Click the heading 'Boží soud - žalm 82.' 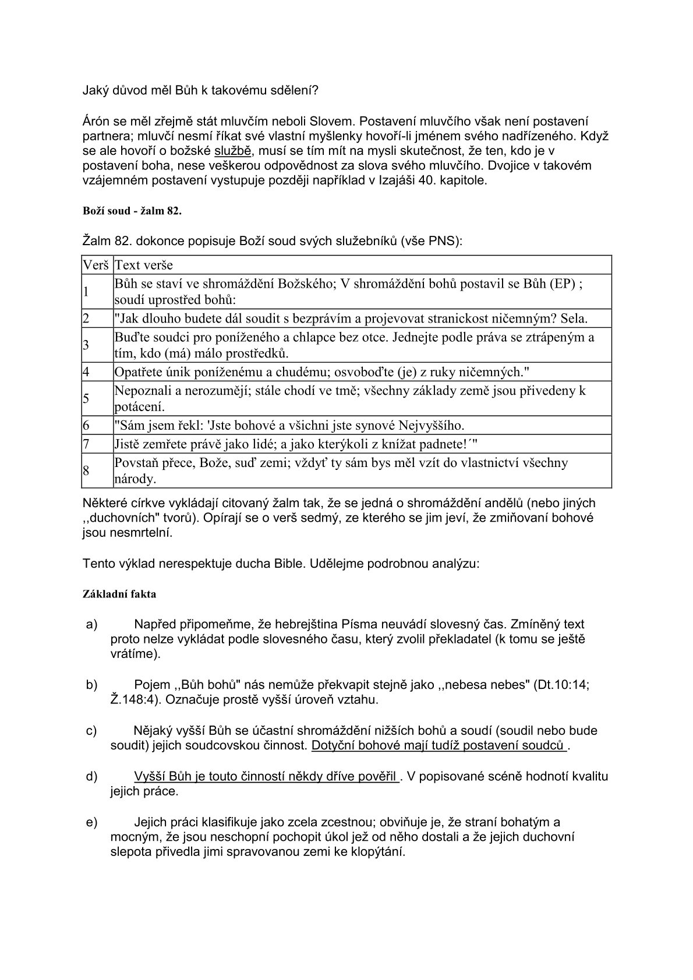[132, 211]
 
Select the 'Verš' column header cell [96, 266]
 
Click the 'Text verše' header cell [144, 266]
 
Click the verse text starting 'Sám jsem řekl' [289, 425]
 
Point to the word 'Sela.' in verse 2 [574, 319]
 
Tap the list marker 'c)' [91, 731]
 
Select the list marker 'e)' [91, 822]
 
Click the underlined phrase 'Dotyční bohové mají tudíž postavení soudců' [439, 745]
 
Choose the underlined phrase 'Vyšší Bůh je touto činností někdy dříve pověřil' [266, 777]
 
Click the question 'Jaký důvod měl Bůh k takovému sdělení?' [200, 91]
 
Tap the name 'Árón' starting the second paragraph [97, 122]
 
